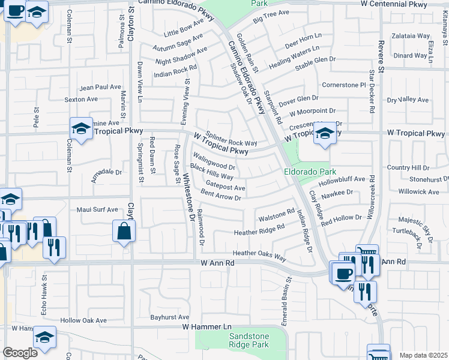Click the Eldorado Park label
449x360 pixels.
306,170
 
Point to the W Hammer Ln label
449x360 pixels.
206,326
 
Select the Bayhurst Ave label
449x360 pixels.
169,317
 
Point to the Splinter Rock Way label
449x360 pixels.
231,139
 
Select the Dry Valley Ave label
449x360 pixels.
408,100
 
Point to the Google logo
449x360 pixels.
20,353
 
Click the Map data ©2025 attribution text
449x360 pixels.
423,355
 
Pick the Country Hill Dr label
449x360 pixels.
409,168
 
